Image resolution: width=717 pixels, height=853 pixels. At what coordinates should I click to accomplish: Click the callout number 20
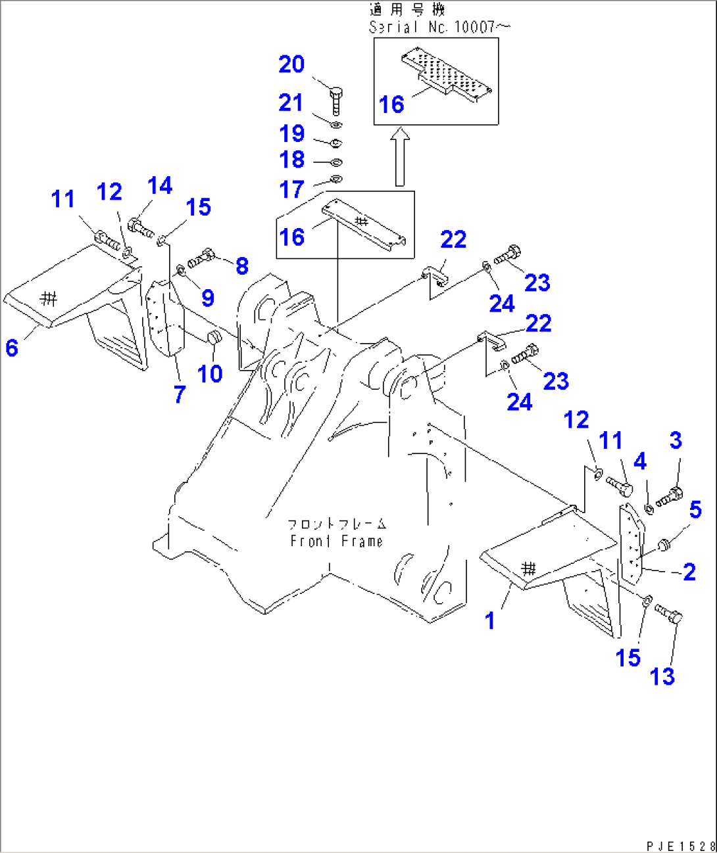[291, 64]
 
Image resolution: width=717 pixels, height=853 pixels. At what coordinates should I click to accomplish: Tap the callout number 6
[12, 348]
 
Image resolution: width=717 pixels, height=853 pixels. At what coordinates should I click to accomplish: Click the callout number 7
[180, 394]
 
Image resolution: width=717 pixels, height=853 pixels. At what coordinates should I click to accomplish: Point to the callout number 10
[210, 374]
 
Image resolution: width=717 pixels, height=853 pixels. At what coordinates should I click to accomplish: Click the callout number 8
[242, 266]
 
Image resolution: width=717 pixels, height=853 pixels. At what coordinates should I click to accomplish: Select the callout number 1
[489, 620]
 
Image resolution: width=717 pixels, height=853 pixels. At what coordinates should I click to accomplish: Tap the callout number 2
[689, 572]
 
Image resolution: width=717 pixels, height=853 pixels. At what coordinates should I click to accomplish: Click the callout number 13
[662, 676]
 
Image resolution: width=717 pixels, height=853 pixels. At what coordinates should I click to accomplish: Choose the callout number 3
[676, 440]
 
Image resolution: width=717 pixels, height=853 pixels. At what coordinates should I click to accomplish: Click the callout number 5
[695, 510]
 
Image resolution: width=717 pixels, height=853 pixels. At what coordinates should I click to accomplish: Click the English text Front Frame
[336, 542]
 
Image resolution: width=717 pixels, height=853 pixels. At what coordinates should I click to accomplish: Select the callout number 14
[160, 186]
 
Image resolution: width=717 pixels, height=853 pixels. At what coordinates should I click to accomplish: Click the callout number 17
[291, 190]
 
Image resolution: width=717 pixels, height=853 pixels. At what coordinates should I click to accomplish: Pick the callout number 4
[639, 461]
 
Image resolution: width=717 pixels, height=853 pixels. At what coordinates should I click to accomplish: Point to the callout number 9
[208, 298]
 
